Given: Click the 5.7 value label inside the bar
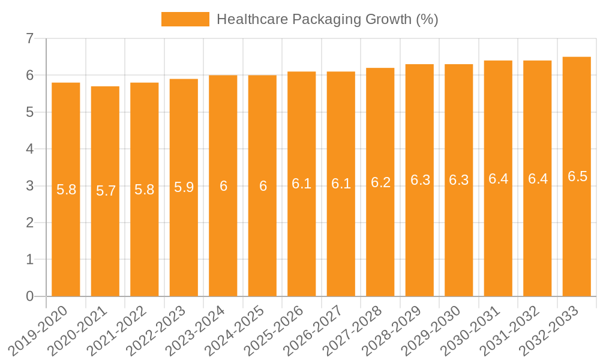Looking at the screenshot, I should pos(106,191).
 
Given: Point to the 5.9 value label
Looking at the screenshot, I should pos(184,187).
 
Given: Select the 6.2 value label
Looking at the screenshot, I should pos(380,183).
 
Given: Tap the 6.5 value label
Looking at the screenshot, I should pos(577,176).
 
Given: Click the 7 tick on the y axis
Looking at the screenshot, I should pos(29,39).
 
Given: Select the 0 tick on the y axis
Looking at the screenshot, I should pos(29,296).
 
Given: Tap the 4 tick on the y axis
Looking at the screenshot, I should pos(29,149).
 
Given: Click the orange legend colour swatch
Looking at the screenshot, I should pos(185,19).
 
